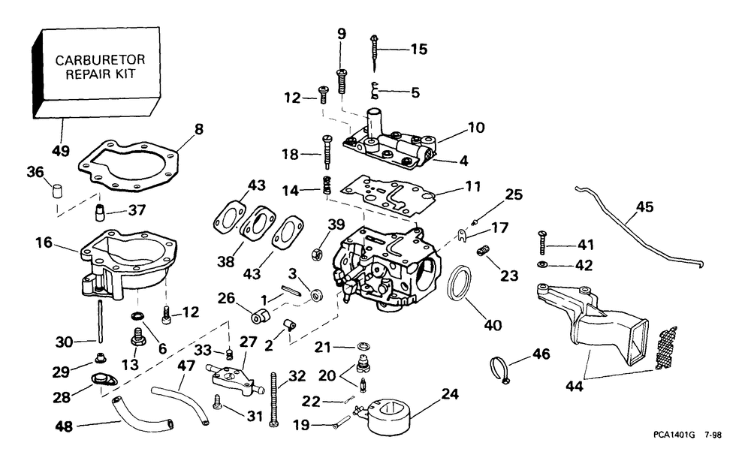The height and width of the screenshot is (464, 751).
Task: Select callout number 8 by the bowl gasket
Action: click(x=198, y=128)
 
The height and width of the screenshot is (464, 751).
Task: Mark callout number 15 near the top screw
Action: click(x=418, y=50)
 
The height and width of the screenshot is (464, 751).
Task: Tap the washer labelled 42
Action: click(x=542, y=265)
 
